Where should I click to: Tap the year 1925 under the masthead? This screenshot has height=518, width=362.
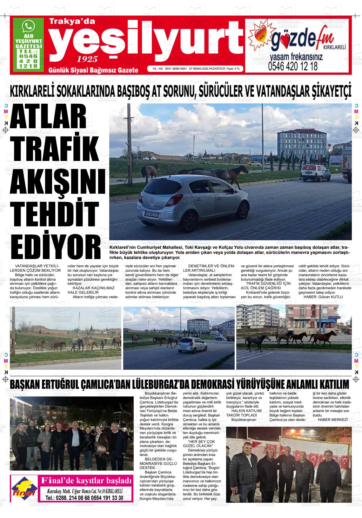coord(87,59)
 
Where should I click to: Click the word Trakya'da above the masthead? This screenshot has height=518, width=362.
coord(72,21)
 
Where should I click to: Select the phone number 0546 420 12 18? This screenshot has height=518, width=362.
coord(293,66)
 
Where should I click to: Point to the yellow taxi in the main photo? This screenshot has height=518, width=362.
coord(254,164)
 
